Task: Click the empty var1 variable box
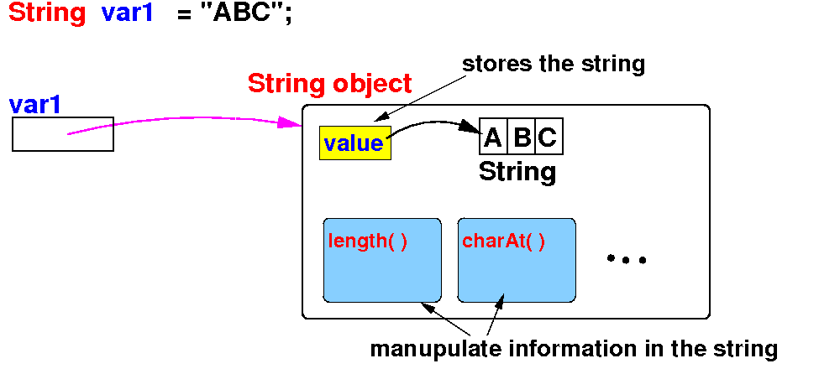[62, 134]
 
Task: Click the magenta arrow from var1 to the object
[185, 118]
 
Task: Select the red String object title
[329, 84]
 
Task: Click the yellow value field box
[354, 143]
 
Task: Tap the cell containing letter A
[493, 138]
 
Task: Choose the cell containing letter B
[522, 138]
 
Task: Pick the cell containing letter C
[548, 138]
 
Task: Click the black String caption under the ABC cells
[517, 172]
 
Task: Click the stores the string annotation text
[554, 65]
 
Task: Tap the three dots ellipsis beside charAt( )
[626, 260]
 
